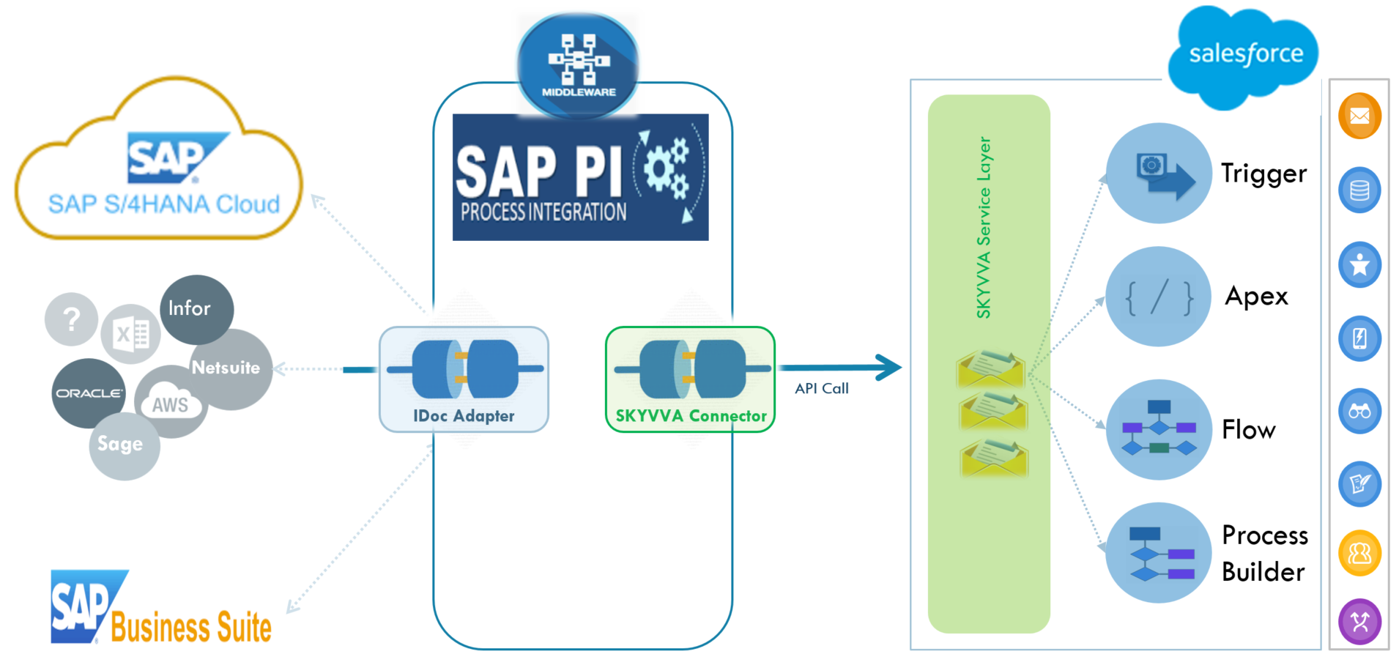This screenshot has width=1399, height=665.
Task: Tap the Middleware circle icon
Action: tap(578, 66)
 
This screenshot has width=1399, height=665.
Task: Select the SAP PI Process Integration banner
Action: tap(580, 177)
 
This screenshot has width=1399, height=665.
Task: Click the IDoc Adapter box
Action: tap(464, 379)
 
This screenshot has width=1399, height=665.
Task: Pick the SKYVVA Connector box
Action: tap(690, 379)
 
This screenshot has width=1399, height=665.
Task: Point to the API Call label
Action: tap(822, 389)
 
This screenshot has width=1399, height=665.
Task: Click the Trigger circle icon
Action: tap(1158, 173)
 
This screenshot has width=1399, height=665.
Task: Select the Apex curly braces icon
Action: tap(1158, 297)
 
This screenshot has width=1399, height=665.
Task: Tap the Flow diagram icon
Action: tap(1158, 429)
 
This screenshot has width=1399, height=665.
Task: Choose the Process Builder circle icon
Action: tap(1158, 553)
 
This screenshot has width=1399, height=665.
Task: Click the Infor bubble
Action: tap(196, 308)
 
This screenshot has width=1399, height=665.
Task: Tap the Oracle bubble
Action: tap(89, 393)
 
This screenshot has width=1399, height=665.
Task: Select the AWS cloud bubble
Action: tap(170, 404)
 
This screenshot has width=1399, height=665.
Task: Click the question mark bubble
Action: tap(71, 319)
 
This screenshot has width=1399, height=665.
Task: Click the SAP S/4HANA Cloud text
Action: tap(164, 204)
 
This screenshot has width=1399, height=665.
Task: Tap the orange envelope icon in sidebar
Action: tap(1359, 116)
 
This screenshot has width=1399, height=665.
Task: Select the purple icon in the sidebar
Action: tap(1359, 622)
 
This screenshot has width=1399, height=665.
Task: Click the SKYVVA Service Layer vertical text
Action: tap(984, 227)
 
